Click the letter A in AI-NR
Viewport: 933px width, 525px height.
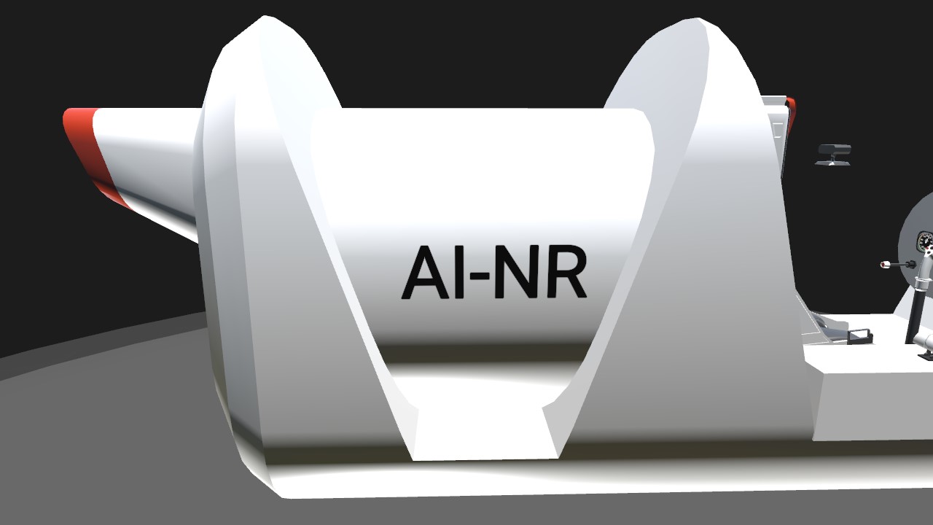coord(426,272)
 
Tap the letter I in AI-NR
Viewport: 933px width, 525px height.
coord(459,273)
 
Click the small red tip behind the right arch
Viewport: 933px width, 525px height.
coord(791,116)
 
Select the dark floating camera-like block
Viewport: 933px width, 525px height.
coord(833,154)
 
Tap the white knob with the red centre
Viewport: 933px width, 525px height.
coord(884,264)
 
